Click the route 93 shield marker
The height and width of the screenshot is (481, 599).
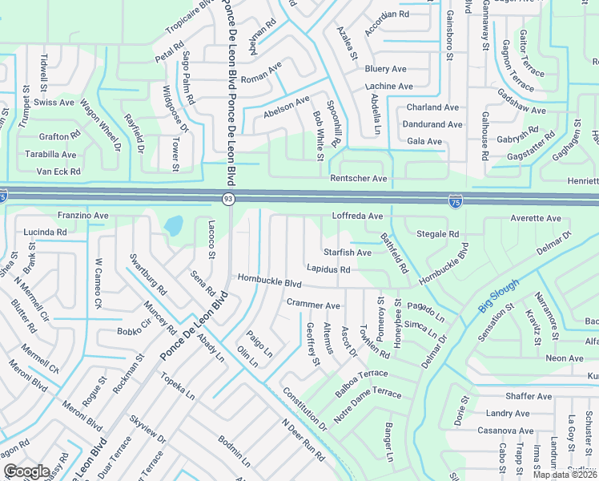(x=228, y=199)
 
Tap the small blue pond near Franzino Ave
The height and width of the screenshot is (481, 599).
(x=173, y=226)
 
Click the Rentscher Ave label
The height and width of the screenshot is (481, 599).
(x=359, y=178)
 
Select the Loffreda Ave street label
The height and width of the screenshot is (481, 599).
(x=357, y=216)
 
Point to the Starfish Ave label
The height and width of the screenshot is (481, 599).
(x=347, y=253)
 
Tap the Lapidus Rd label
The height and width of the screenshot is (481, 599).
(x=328, y=270)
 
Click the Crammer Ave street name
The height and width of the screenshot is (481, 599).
(x=313, y=305)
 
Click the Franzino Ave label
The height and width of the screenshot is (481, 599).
(x=83, y=216)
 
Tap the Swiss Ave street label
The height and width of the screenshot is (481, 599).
(x=54, y=103)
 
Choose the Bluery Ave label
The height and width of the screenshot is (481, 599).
(x=386, y=69)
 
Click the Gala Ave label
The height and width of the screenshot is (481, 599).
(x=424, y=142)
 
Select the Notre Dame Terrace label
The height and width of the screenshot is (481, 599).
(x=367, y=404)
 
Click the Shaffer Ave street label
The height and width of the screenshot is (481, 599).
(x=529, y=396)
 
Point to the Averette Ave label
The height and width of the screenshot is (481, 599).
(x=536, y=218)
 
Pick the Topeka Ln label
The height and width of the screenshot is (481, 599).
(x=177, y=386)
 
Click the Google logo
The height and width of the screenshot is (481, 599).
(x=26, y=471)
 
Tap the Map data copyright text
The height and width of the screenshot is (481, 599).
(x=565, y=475)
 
